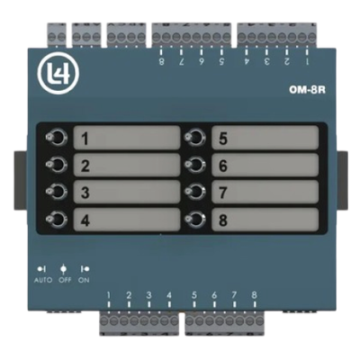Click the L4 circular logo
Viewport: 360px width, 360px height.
[58, 74]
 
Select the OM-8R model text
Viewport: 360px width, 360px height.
[307, 90]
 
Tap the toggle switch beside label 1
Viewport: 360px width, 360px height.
[56, 138]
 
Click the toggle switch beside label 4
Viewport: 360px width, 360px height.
[56, 219]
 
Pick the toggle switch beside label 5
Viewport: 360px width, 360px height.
[194, 138]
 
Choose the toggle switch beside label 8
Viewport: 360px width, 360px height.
[194, 219]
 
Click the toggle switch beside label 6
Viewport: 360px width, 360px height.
[194, 165]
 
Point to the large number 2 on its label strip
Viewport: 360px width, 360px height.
[85, 166]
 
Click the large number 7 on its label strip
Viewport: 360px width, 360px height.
[223, 193]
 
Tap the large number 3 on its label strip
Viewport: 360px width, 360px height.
[85, 193]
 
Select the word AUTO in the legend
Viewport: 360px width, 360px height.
[43, 280]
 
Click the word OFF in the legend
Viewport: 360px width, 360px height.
[65, 280]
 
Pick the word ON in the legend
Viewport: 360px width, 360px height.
[84, 280]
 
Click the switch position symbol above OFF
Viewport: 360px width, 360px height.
[63, 269]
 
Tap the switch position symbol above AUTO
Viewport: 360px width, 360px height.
[41, 269]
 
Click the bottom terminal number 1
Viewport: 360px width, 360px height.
[109, 295]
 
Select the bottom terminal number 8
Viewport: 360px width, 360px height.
[254, 295]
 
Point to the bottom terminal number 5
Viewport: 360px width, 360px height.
[194, 295]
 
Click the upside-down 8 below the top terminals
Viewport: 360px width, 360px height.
[161, 61]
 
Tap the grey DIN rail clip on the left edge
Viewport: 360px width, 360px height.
[21, 180]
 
